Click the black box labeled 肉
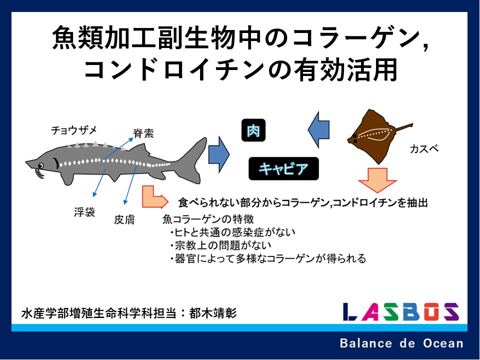(x=253, y=130)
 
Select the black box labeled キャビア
(x=283, y=168)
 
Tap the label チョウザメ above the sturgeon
(x=74, y=130)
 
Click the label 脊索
(x=143, y=133)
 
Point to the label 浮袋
(x=84, y=212)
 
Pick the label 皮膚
(x=124, y=219)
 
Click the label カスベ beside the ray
(x=424, y=149)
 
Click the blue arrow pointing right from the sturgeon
(x=219, y=154)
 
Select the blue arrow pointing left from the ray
(x=318, y=129)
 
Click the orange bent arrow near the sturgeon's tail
(x=154, y=198)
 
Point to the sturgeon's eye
(x=40, y=165)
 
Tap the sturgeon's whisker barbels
(x=39, y=173)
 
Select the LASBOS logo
(x=401, y=311)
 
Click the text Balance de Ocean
(x=401, y=343)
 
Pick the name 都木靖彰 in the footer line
(x=213, y=313)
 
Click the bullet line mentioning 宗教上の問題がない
(x=220, y=245)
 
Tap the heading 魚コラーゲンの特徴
(x=208, y=219)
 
